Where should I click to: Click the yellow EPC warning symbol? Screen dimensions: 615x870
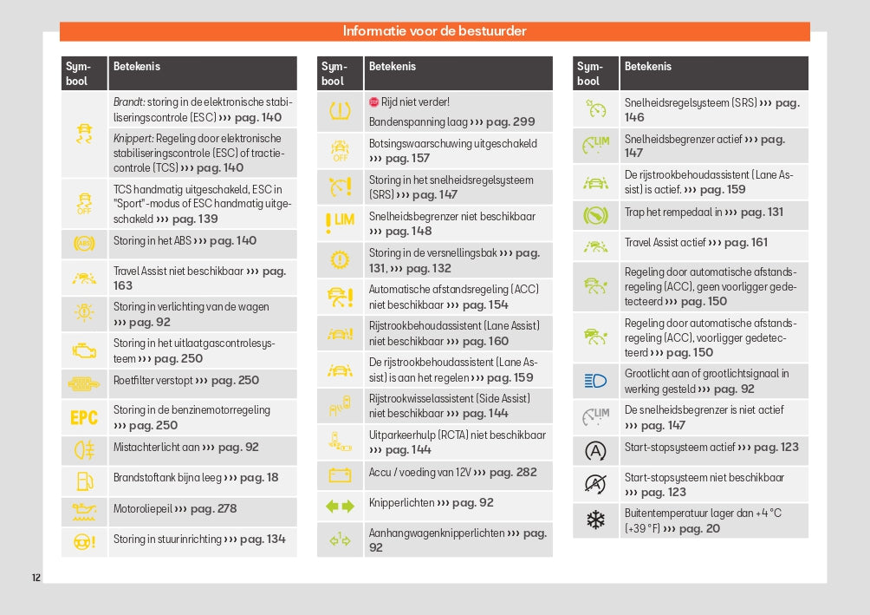pyautogui.click(x=84, y=417)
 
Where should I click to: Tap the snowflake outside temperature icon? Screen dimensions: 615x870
pyautogui.click(x=596, y=520)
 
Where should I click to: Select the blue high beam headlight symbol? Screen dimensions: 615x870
pyautogui.click(x=596, y=380)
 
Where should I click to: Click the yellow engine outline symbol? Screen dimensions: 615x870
pyautogui.click(x=84, y=350)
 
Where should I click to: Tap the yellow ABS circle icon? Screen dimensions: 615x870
pyautogui.click(x=84, y=244)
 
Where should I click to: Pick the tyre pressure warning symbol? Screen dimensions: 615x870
pyautogui.click(x=340, y=110)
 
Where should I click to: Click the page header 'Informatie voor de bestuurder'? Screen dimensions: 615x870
pyautogui.click(x=434, y=32)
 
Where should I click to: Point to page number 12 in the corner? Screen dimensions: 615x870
pyautogui.click(x=36, y=578)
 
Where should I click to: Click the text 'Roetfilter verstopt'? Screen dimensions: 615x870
pyautogui.click(x=153, y=381)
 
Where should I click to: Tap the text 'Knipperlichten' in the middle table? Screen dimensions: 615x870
pyautogui.click(x=401, y=503)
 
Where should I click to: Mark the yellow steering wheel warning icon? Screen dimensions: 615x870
pyautogui.click(x=84, y=541)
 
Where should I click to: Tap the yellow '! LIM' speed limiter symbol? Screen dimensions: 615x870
pyautogui.click(x=340, y=223)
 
